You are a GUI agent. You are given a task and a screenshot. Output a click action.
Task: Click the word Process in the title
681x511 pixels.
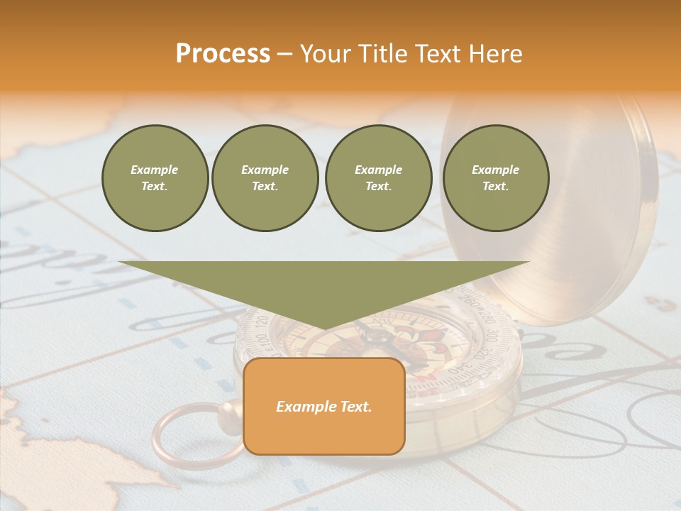click(x=223, y=54)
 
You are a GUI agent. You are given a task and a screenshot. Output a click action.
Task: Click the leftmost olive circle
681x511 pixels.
click(x=155, y=178)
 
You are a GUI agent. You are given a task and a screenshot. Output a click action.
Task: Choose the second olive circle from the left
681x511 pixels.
click(x=265, y=178)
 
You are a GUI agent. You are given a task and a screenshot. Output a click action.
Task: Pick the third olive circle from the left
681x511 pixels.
click(x=378, y=178)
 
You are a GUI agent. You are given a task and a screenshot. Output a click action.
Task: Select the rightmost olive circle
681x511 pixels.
click(x=495, y=178)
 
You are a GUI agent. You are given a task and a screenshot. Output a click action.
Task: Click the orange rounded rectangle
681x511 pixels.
click(x=323, y=406)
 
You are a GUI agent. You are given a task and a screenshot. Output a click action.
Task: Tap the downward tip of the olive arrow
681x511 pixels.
click(x=323, y=329)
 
